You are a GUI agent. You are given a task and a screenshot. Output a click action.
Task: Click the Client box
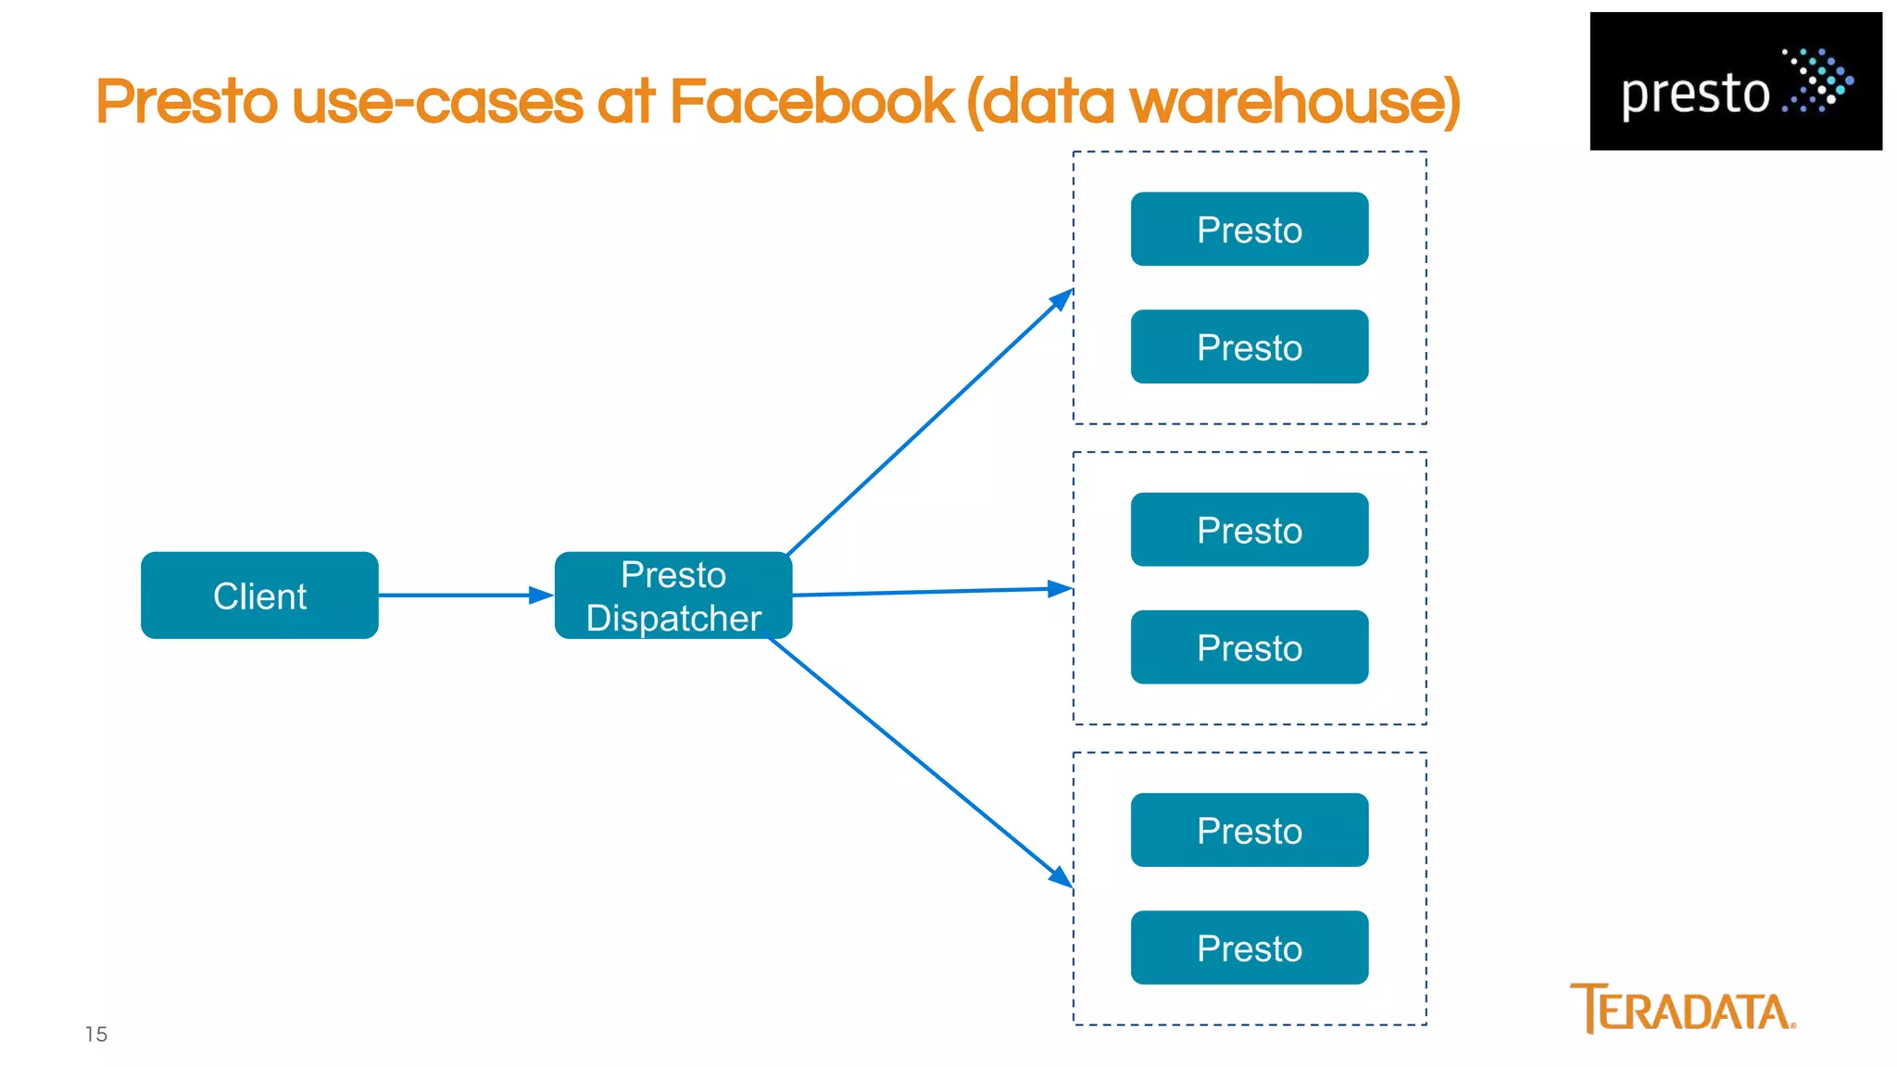tap(259, 596)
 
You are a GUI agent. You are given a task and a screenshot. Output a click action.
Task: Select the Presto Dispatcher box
tap(673, 596)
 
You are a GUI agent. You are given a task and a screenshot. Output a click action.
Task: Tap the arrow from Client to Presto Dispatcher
tap(463, 596)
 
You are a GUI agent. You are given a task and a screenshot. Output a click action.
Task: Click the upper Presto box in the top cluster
tap(1249, 229)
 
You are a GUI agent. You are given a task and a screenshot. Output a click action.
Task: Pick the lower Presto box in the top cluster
tap(1249, 346)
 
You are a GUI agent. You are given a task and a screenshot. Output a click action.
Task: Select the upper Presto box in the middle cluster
tap(1249, 530)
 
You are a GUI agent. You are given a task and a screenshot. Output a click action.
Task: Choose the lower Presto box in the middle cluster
tap(1249, 647)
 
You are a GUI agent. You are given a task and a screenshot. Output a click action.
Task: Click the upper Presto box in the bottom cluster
tap(1249, 830)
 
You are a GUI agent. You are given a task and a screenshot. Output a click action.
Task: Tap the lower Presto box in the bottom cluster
tap(1249, 948)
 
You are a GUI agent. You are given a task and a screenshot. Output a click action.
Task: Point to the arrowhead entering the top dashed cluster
tap(1062, 299)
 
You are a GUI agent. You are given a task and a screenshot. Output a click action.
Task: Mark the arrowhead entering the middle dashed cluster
tap(1059, 588)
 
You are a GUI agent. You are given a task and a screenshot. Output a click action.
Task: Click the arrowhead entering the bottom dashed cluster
tap(1061, 876)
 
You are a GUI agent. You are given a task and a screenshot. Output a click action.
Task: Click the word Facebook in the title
tap(810, 102)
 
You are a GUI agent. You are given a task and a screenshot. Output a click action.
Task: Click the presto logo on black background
tap(1735, 82)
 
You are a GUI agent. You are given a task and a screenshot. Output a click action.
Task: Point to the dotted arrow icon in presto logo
tap(1818, 81)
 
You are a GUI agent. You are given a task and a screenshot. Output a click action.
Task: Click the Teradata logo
tap(1682, 1009)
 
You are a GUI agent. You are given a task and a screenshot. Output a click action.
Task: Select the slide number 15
tap(96, 1035)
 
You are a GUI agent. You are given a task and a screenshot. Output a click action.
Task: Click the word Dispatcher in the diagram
tap(673, 619)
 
